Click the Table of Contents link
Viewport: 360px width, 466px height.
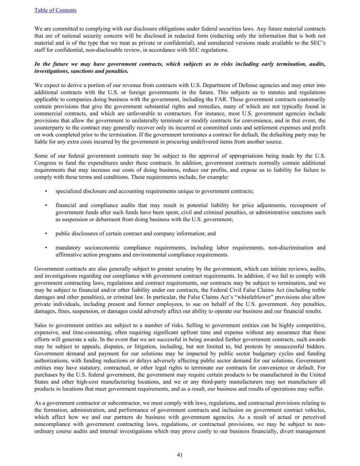click(x=55, y=10)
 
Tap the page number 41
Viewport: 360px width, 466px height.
click(x=180, y=455)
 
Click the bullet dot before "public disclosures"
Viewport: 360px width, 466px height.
click(x=45, y=234)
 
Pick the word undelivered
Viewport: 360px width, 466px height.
click(x=214, y=142)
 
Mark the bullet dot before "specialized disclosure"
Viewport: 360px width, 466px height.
click(x=45, y=191)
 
